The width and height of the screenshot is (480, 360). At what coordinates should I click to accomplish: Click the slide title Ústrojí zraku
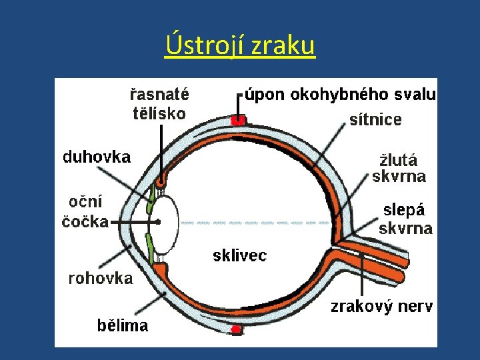(x=239, y=46)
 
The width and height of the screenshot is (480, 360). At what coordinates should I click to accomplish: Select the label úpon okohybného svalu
(x=340, y=95)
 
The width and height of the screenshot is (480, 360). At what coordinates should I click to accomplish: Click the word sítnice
(x=375, y=120)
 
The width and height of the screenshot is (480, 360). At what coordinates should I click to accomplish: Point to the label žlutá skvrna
(x=399, y=169)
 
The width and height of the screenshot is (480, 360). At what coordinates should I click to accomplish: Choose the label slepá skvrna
(x=405, y=219)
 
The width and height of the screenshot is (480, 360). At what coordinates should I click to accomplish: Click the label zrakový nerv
(x=382, y=307)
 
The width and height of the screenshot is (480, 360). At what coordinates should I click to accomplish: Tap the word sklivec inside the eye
(x=239, y=255)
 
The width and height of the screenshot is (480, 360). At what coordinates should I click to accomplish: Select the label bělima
(x=123, y=326)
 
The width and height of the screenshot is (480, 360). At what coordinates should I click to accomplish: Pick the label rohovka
(x=101, y=279)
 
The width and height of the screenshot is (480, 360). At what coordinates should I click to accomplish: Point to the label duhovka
(x=97, y=157)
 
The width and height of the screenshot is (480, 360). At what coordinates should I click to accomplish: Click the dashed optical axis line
(x=253, y=222)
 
